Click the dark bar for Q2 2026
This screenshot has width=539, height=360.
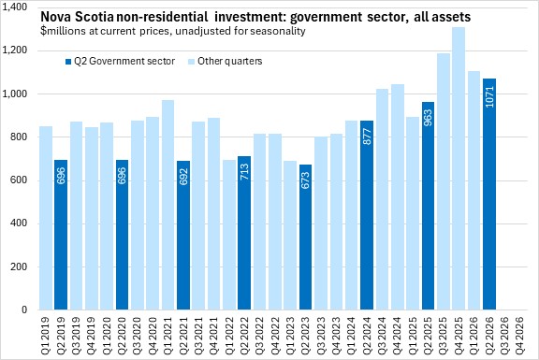coord(489,194)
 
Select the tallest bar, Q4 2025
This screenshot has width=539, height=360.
coord(459,168)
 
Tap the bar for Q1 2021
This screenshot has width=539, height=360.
coord(168,205)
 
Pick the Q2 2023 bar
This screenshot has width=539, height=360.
coord(306,237)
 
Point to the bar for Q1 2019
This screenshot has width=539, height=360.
coord(46,218)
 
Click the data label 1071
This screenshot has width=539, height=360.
coord(489,97)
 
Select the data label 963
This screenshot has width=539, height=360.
coord(429,118)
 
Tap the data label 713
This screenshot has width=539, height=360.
coord(245,172)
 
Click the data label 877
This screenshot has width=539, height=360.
coord(367,137)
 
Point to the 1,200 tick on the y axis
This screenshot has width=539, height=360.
coord(14,50)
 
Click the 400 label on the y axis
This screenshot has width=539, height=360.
coord(19,223)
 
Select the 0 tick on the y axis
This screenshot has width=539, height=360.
coord(24,310)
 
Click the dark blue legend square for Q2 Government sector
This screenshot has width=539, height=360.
coord(68,62)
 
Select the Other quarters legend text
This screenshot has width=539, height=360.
coord(229,61)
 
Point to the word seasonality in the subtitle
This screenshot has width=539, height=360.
coord(278,31)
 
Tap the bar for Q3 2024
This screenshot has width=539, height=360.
coord(382,199)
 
